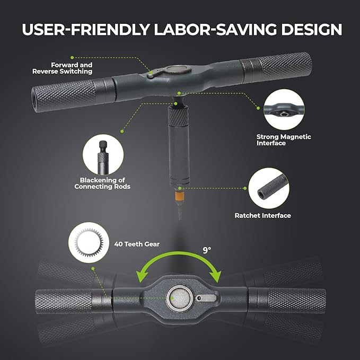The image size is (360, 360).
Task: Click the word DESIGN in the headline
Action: tap(312, 29)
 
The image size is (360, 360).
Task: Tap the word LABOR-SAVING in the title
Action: tap(216, 29)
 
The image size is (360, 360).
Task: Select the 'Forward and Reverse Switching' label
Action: tap(63, 68)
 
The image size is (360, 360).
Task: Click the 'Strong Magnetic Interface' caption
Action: tap(284, 140)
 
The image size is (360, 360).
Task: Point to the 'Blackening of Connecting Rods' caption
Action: tap(102, 183)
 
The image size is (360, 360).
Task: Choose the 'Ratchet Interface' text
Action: tap(262, 216)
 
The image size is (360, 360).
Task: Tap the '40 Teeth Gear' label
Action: tap(137, 244)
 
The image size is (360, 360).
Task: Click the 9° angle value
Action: tap(207, 250)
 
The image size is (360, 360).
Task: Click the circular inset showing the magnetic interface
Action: tap(284, 110)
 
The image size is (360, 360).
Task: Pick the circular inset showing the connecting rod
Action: tap(103, 155)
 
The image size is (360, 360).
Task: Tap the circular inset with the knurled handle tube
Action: tap(269, 188)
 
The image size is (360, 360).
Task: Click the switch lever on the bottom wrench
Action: tap(206, 298)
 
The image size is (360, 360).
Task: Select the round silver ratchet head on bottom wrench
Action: tap(180, 298)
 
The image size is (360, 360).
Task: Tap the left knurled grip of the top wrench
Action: tap(64, 95)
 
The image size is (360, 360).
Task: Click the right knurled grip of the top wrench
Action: tap(286, 65)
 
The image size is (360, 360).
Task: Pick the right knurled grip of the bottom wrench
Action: tap(297, 301)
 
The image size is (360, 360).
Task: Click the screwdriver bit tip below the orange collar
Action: tap(180, 209)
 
